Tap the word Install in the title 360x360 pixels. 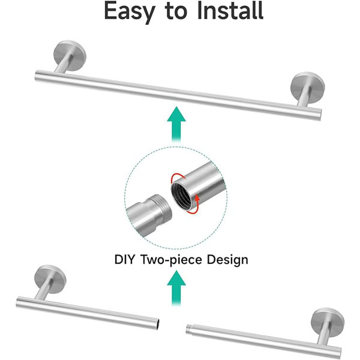point(230,10)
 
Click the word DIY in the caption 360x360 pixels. point(124,259)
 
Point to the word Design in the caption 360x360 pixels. point(227,260)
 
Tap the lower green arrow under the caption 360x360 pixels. point(176,288)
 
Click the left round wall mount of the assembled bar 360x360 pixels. point(70,53)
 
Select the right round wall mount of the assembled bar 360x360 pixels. point(308,85)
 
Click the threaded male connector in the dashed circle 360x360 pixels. point(149,215)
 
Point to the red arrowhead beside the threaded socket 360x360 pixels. point(197,197)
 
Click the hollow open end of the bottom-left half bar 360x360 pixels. point(158,323)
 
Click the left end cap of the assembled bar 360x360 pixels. point(37,76)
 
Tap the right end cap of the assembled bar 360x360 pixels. point(319,115)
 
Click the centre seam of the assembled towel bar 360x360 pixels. point(176,95)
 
